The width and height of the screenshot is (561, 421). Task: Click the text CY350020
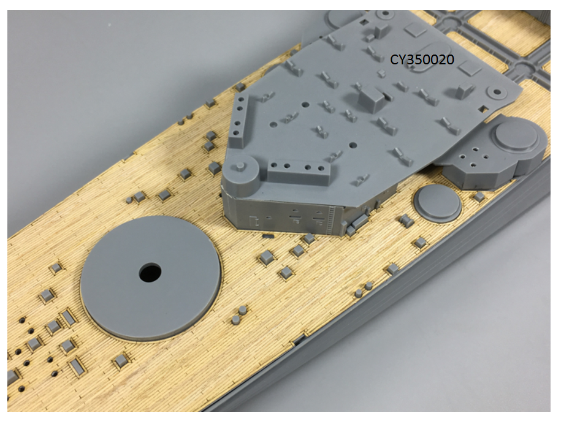(422, 59)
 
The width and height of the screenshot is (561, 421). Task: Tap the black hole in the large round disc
(150, 273)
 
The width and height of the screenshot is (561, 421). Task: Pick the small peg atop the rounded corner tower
(240, 165)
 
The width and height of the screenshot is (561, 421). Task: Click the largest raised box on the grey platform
(372, 98)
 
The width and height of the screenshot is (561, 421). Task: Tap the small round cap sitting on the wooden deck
(438, 203)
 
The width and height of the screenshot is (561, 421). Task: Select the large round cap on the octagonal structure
(516, 135)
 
